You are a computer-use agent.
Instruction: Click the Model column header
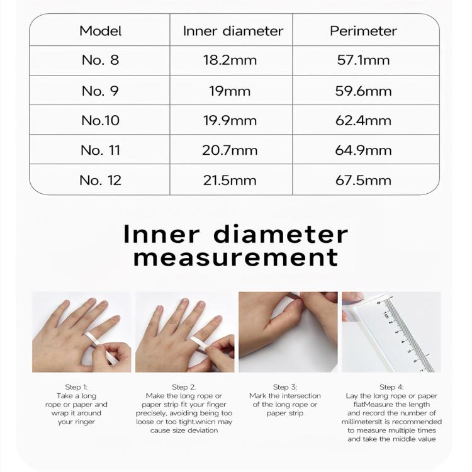point(101,31)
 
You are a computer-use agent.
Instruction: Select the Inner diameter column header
point(233,31)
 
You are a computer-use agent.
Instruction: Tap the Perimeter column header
point(363,31)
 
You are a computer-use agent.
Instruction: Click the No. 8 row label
point(100,60)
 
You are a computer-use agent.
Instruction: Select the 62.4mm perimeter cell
point(363,120)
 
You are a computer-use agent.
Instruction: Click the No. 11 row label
point(100,150)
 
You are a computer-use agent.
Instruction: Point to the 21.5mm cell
point(230,181)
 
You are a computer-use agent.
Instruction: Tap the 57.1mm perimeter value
point(363,60)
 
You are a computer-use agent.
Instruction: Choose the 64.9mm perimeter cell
point(363,150)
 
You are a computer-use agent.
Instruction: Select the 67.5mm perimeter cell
point(363,181)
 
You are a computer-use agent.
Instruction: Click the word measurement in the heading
point(236,257)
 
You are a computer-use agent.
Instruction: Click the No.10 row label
point(100,120)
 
